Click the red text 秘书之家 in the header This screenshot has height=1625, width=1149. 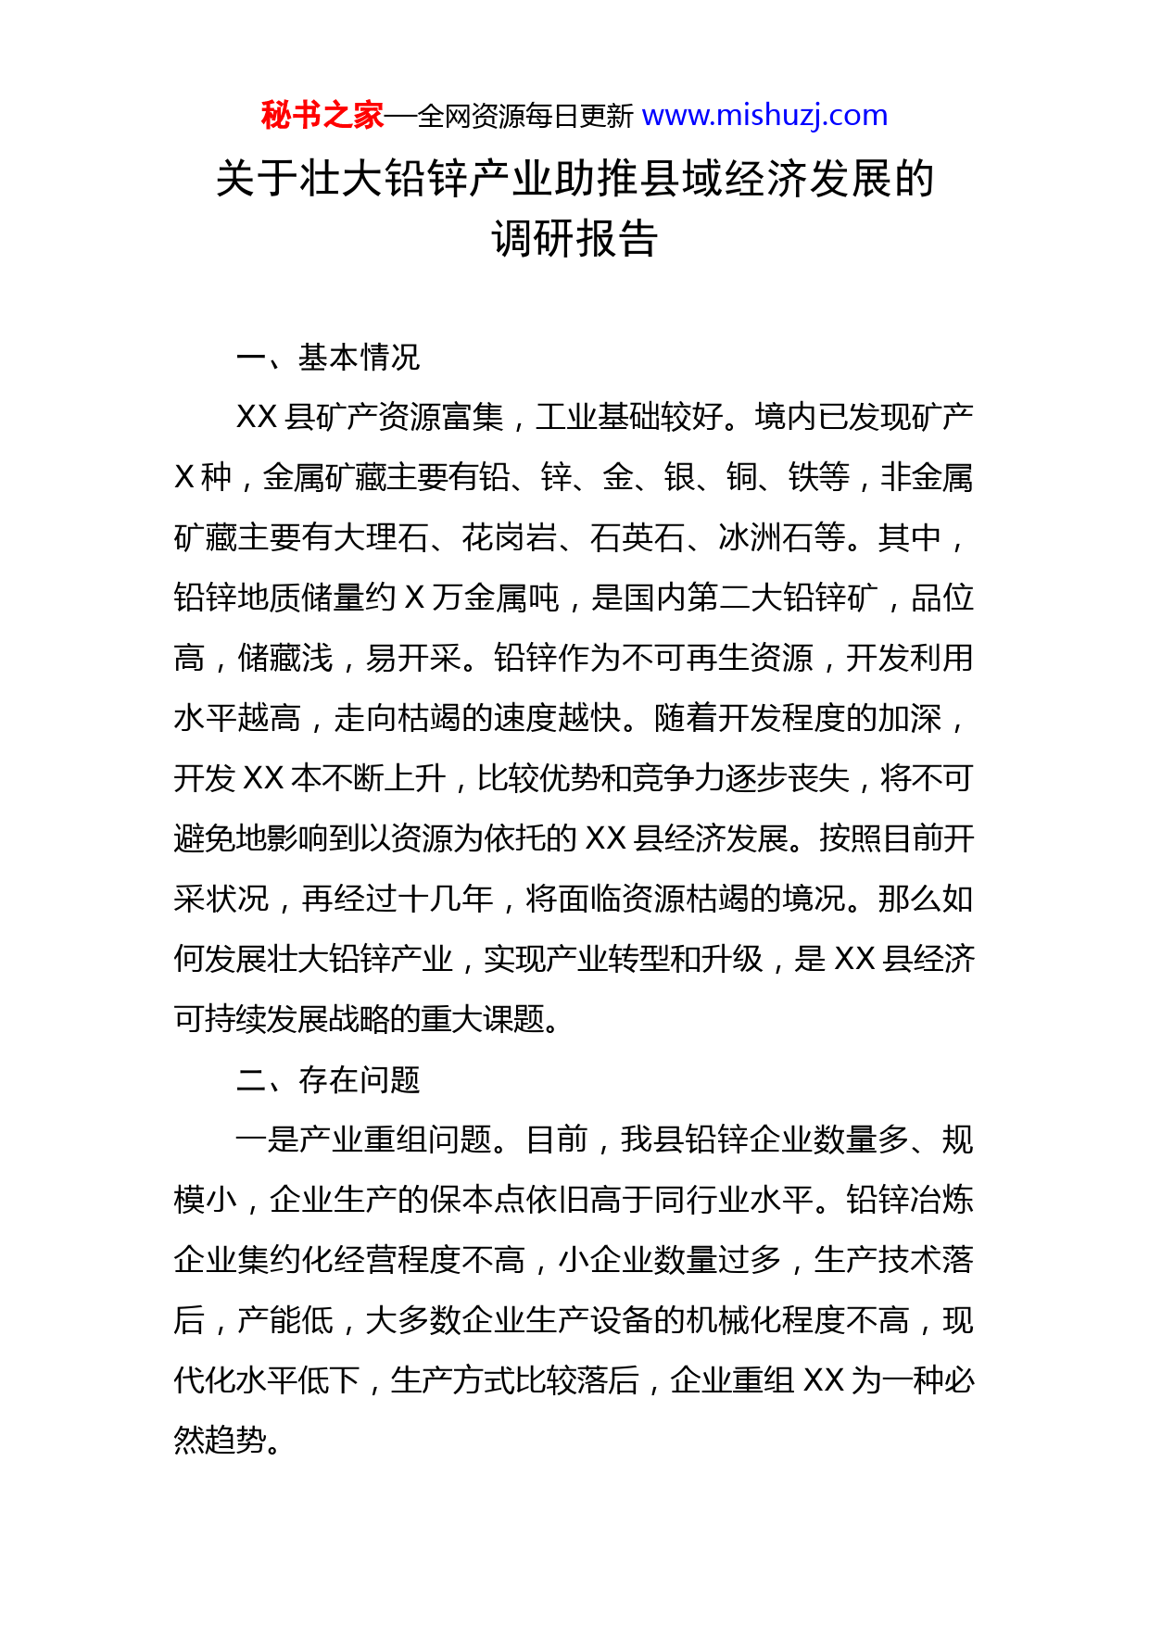tap(322, 116)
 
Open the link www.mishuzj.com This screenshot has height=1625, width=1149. tap(764, 116)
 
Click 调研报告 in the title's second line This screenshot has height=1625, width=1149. tap(574, 239)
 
